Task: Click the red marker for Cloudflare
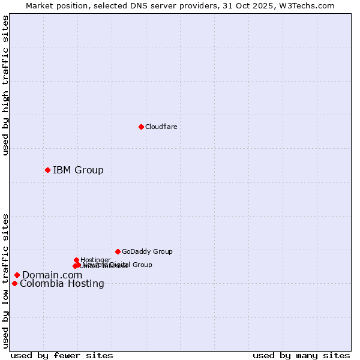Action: pyautogui.click(x=141, y=127)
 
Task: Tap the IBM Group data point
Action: pyautogui.click(x=47, y=170)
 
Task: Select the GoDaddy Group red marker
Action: pyautogui.click(x=118, y=251)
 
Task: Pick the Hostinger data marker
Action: pyautogui.click(x=76, y=260)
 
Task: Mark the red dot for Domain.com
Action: pyautogui.click(x=17, y=275)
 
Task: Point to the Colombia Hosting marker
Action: pyautogui.click(x=14, y=283)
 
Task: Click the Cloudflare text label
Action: pyautogui.click(x=161, y=127)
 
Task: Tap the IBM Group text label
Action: pyautogui.click(x=78, y=170)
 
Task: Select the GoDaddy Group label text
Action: pyautogui.click(x=147, y=251)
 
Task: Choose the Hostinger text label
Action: pyautogui.click(x=95, y=260)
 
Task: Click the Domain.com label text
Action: pyautogui.click(x=52, y=275)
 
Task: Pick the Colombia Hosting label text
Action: pyautogui.click(x=62, y=283)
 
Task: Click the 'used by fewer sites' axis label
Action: pyautogui.click(x=62, y=355)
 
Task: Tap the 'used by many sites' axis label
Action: pyautogui.click(x=301, y=355)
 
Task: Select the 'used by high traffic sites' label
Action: pyautogui.click(x=5, y=86)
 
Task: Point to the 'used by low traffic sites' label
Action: pyautogui.click(x=5, y=281)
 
